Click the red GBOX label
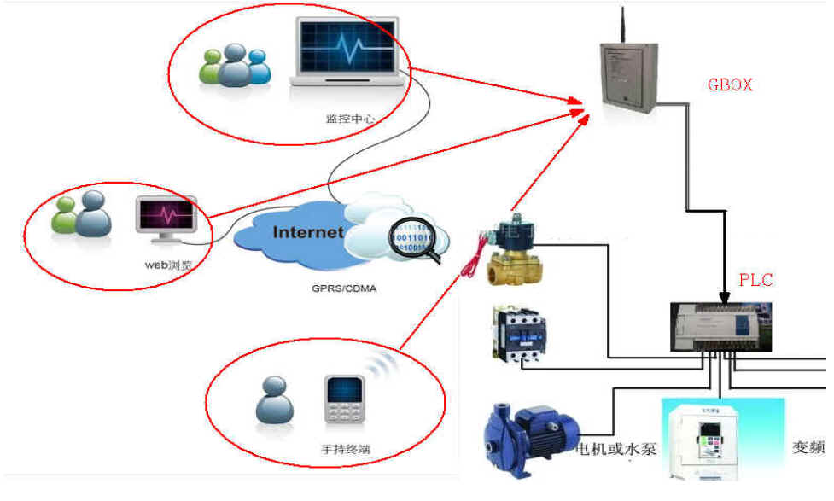(x=730, y=84)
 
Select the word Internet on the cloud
(x=308, y=232)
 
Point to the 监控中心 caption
(x=347, y=118)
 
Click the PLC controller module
(x=720, y=329)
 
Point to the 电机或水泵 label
(x=616, y=448)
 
